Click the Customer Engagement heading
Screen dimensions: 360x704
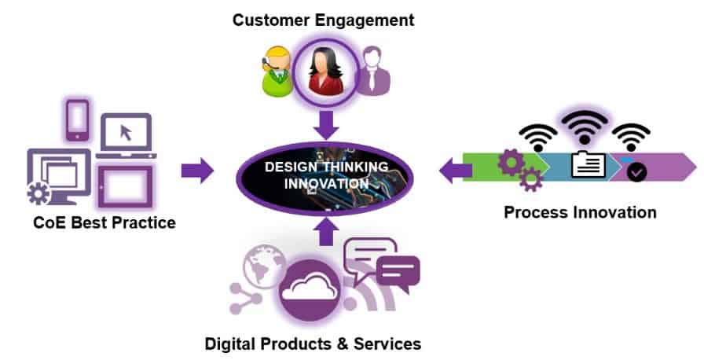(323, 20)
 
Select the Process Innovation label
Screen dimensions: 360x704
(580, 212)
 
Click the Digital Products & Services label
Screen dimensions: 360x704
(313, 343)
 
